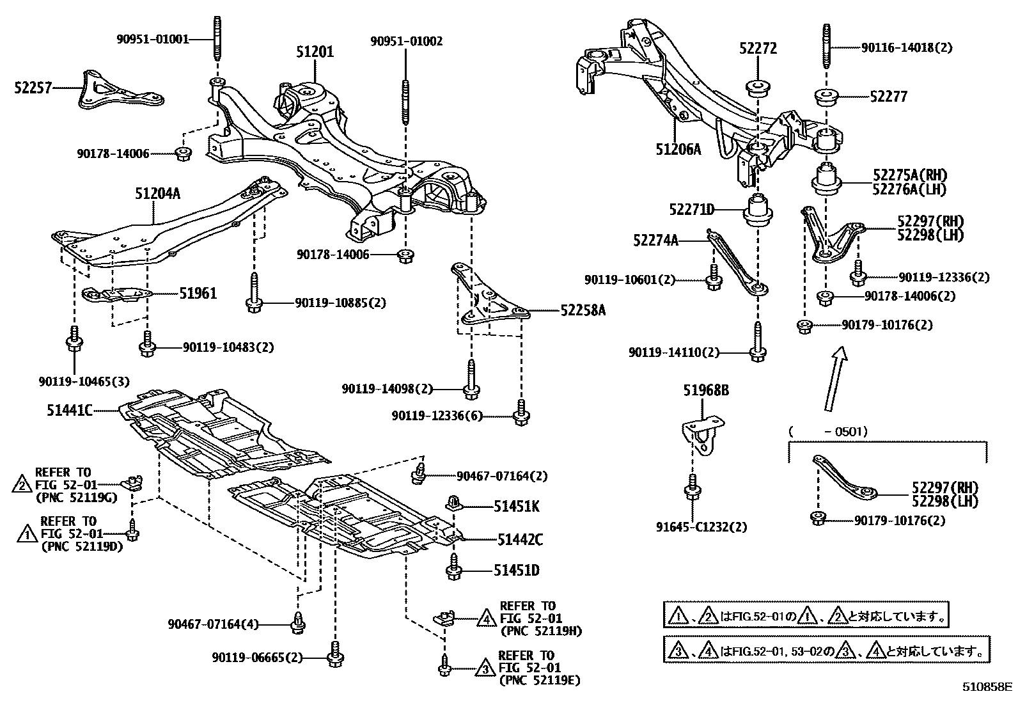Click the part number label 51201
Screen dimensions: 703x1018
click(314, 52)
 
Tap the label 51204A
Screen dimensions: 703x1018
click(157, 193)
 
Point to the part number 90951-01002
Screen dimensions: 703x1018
click(406, 41)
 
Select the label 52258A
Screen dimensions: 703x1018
click(583, 310)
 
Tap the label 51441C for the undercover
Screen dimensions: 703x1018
click(69, 409)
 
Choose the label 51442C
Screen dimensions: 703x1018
click(520, 540)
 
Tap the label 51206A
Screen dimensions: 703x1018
click(678, 150)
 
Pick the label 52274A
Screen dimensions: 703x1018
click(655, 240)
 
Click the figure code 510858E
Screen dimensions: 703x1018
click(987, 688)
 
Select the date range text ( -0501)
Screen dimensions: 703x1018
click(829, 432)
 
